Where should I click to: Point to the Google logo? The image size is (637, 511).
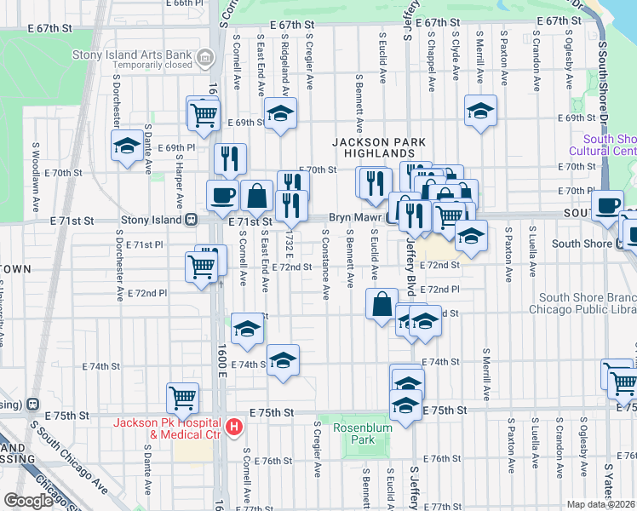coord(28,501)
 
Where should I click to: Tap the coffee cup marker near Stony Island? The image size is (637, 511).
coord(223,195)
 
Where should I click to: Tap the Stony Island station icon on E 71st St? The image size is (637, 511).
coord(193,220)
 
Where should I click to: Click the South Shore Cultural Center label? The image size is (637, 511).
coord(608,145)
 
